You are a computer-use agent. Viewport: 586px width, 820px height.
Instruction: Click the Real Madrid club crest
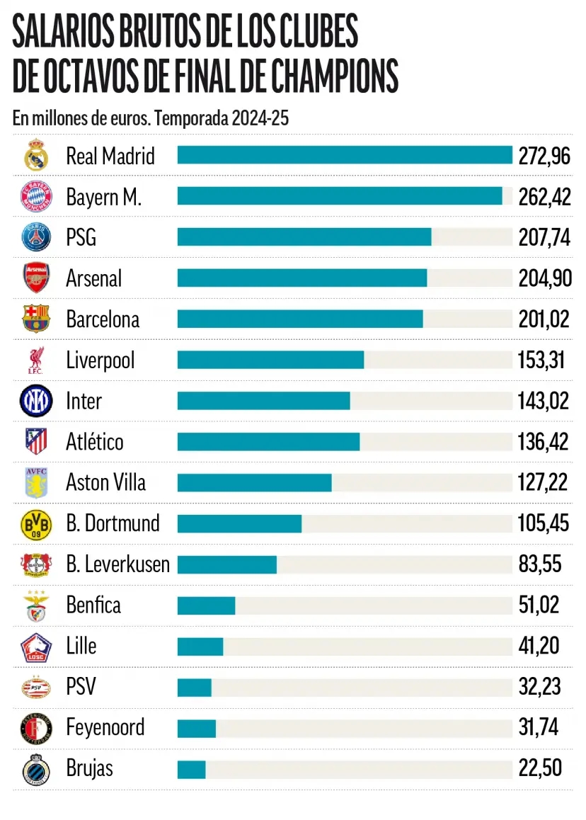tap(35, 155)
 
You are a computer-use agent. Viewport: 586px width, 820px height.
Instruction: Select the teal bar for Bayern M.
tap(340, 196)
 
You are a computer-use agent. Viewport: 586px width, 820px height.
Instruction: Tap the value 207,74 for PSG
tap(544, 237)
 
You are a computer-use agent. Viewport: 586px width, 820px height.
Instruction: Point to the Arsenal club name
tap(93, 278)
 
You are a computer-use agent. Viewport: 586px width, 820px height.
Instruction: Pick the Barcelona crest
tap(35, 319)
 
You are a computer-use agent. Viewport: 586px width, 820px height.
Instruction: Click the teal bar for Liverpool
tap(270, 360)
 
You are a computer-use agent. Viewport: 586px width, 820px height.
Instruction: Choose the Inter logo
tap(35, 401)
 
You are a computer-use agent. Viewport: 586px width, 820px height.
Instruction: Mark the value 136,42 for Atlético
tap(544, 442)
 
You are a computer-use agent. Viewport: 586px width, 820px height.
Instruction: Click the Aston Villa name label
tap(105, 482)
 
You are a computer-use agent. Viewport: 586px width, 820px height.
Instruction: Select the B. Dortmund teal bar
tap(239, 523)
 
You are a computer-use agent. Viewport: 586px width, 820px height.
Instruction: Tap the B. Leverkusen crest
tap(35, 564)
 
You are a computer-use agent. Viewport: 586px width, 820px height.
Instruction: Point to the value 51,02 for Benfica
tap(539, 605)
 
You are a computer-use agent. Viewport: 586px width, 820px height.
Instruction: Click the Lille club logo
tap(35, 646)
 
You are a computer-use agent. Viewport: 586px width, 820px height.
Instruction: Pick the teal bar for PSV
tap(194, 687)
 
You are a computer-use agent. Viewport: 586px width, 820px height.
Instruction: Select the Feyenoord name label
tap(105, 727)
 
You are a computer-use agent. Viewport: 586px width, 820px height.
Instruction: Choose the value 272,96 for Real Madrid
tap(544, 156)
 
